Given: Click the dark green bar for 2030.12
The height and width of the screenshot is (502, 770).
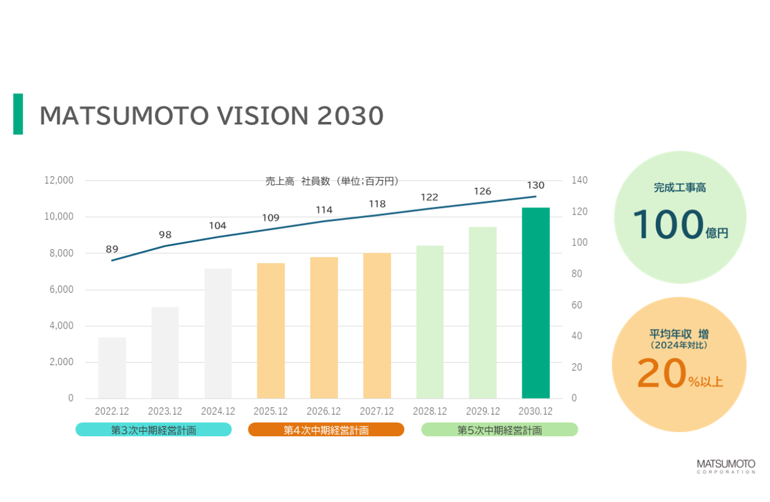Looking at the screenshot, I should [x=535, y=303].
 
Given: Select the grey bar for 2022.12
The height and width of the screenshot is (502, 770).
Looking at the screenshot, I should [x=112, y=368].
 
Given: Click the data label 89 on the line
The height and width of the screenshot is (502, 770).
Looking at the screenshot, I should [x=112, y=249].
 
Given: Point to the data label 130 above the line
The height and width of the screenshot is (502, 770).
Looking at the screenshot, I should [x=535, y=185].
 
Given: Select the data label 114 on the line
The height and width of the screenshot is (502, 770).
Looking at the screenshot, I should [x=324, y=210].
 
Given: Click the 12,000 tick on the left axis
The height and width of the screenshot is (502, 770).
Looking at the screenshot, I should [x=58, y=180].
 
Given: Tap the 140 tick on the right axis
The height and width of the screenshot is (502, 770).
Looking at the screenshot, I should [x=580, y=180].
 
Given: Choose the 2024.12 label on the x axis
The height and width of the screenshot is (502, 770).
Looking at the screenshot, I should [x=218, y=411].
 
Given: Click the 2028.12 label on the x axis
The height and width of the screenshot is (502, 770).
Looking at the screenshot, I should [x=430, y=411].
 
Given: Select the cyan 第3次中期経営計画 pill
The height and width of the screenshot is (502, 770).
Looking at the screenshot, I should [x=153, y=430].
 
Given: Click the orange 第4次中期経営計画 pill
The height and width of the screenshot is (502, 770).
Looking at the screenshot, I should [x=326, y=430].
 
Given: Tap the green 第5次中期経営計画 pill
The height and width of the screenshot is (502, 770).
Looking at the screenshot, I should [x=500, y=430].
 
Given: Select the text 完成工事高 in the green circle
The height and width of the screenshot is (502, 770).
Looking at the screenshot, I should [x=679, y=188].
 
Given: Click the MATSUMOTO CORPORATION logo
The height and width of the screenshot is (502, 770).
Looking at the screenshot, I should [x=726, y=466].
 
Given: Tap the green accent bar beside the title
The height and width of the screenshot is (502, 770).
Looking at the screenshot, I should [x=18, y=114].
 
